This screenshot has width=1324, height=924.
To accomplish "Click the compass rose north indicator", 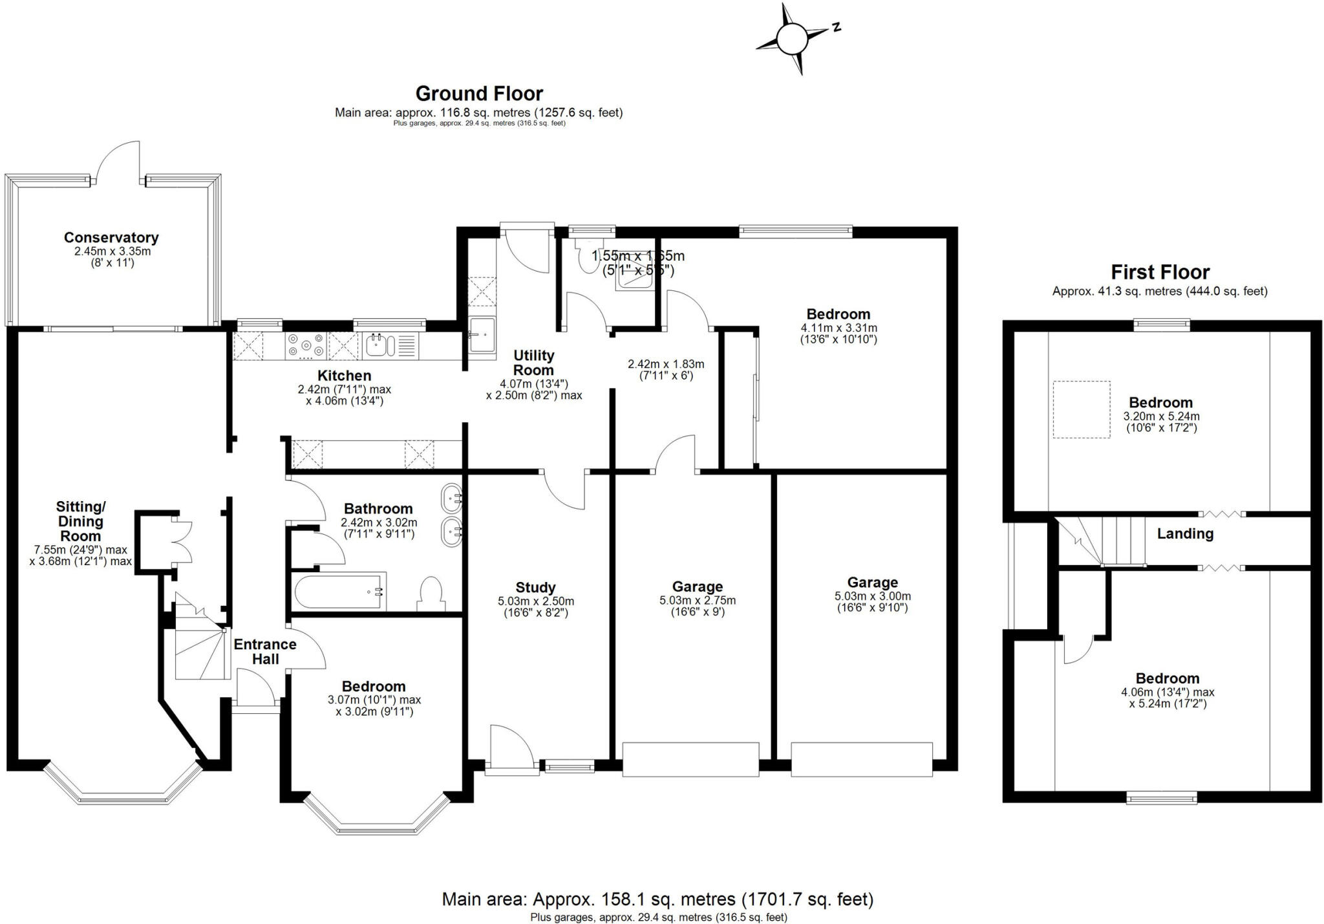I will click(x=792, y=39).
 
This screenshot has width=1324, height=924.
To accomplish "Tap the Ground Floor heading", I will click(x=479, y=94).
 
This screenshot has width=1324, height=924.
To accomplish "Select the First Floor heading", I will click(x=1160, y=272).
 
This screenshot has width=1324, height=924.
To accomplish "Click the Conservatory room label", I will click(x=111, y=238).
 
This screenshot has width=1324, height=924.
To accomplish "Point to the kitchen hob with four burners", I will click(x=306, y=345).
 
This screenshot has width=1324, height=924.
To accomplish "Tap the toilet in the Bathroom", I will click(x=431, y=593).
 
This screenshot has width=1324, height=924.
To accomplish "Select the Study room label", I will click(x=535, y=588).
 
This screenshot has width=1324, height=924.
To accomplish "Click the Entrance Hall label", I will click(x=265, y=652).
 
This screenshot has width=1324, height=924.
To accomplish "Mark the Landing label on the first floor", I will click(x=1185, y=534).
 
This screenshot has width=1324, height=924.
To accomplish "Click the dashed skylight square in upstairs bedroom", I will click(x=1081, y=409).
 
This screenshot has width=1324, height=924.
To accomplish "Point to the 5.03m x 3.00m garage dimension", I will click(x=872, y=602).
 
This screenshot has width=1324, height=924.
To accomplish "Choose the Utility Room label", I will click(x=533, y=363).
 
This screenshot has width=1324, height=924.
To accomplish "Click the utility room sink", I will click(x=481, y=334).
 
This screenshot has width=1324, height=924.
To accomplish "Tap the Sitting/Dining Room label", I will click(x=81, y=521).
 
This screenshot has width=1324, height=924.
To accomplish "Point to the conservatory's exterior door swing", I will click(x=118, y=162).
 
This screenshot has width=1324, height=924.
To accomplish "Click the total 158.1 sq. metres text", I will click(x=657, y=899).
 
